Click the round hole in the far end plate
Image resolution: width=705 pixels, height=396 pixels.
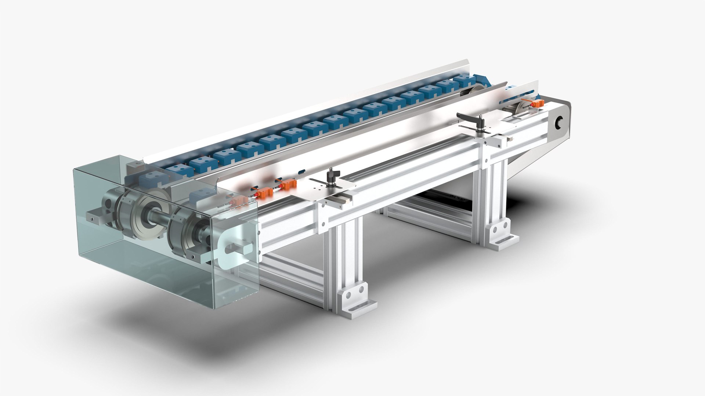560,122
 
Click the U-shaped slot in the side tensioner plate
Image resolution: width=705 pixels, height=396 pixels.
235,250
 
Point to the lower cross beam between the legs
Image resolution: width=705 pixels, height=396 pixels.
294,271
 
